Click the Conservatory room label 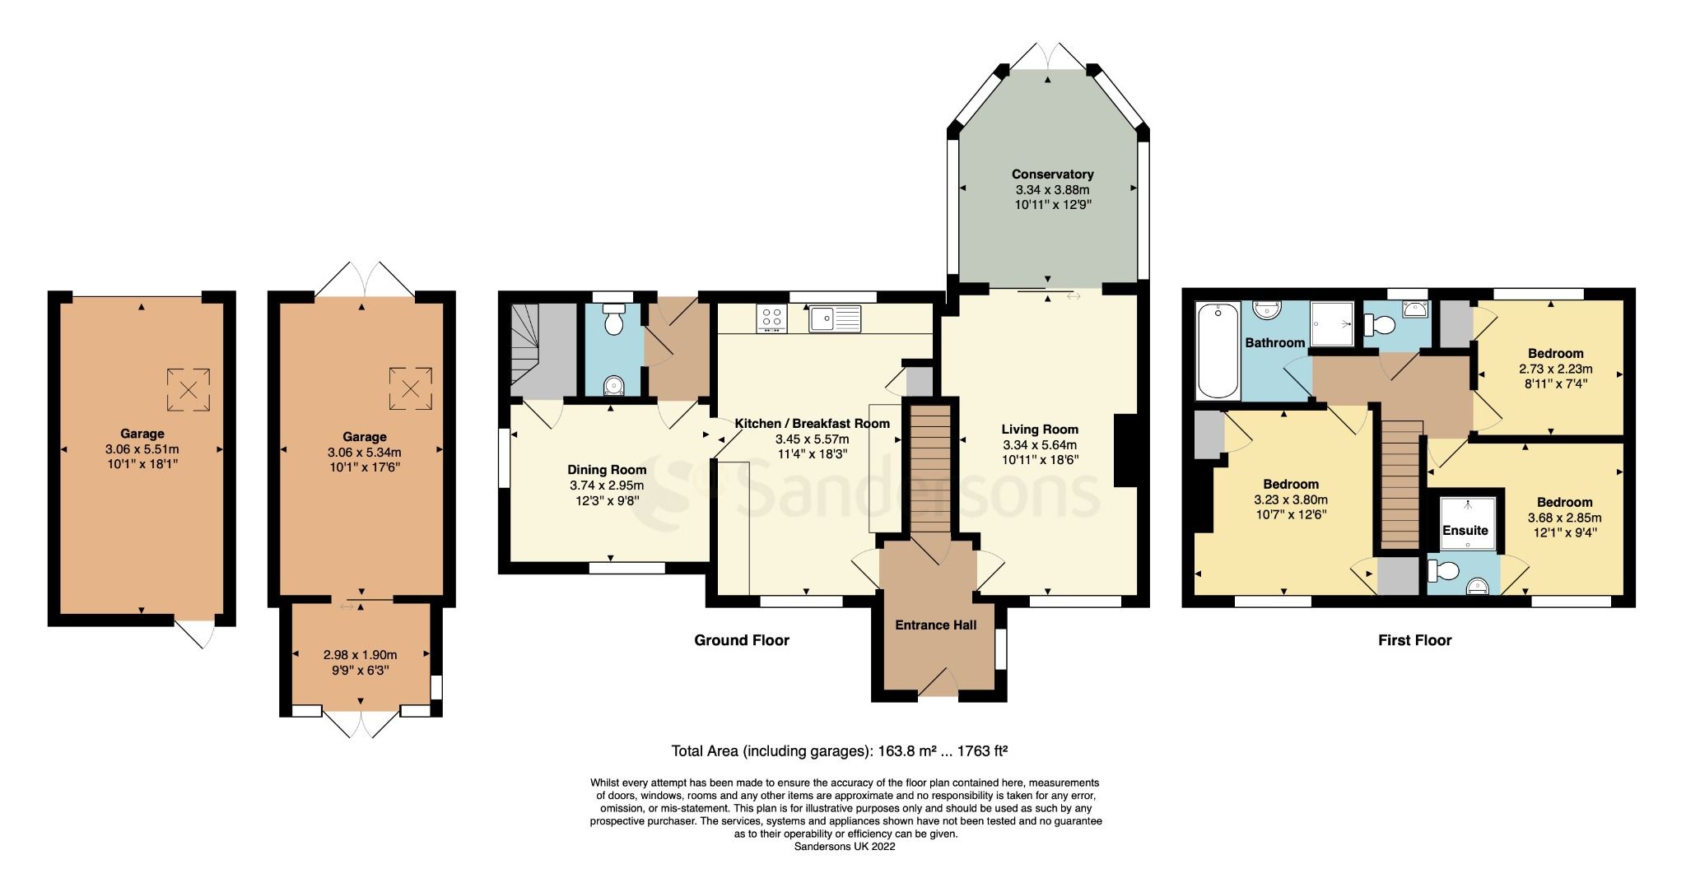(x=1052, y=174)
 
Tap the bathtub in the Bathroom (x=1218, y=351)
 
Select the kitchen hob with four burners (x=771, y=318)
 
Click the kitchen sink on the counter (x=834, y=318)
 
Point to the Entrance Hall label (x=935, y=625)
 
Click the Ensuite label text (x=1465, y=531)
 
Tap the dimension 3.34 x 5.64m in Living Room (x=1040, y=445)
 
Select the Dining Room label (x=607, y=470)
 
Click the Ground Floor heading (x=742, y=640)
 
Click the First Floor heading (x=1414, y=640)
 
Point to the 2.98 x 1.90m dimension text (x=360, y=655)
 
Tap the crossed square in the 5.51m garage (x=188, y=389)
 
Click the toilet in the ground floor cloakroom (x=613, y=321)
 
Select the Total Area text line (x=840, y=750)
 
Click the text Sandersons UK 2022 (x=844, y=846)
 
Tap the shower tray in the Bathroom (x=1331, y=323)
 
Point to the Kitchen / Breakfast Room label (x=812, y=424)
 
